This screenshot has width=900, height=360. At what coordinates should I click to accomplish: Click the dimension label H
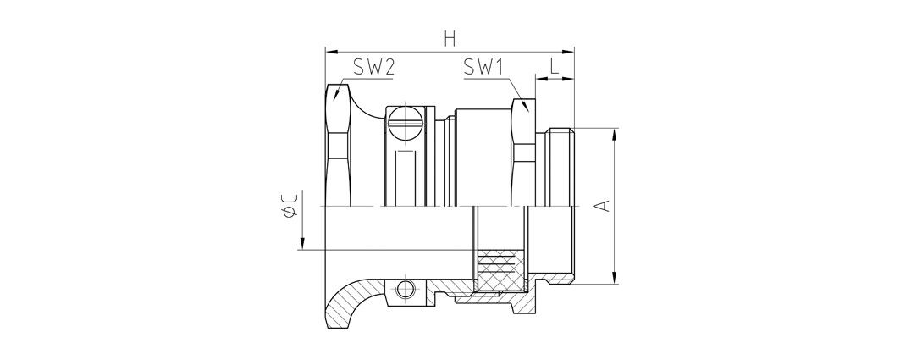point(450,39)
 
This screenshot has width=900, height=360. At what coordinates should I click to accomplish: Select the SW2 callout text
point(373,69)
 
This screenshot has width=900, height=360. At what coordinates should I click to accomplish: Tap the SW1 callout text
point(483,69)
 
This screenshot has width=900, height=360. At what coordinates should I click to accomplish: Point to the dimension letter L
point(554,66)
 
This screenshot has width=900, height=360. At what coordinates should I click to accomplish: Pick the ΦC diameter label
point(290,206)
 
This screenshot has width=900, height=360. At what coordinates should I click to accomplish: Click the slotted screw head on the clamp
point(406,121)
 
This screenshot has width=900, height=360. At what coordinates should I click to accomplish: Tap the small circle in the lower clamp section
point(406,289)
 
